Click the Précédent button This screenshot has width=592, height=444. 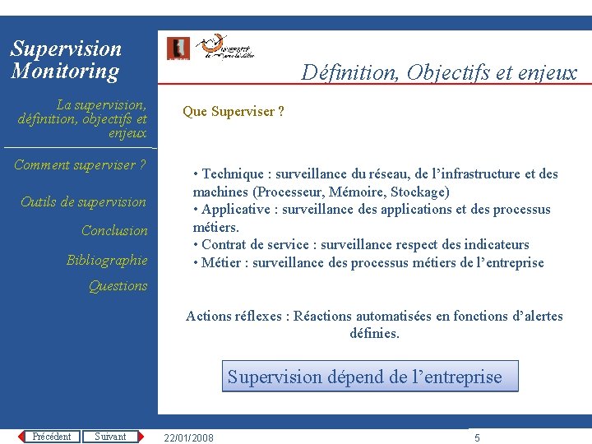(51, 437)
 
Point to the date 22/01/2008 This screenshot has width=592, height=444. (189, 437)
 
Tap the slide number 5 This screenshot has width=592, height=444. (477, 437)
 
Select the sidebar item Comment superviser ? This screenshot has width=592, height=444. (80, 165)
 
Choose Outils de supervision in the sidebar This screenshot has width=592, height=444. (83, 202)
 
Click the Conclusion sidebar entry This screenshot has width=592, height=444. (114, 231)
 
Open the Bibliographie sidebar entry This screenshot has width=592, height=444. (107, 261)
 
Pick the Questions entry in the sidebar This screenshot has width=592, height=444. (118, 286)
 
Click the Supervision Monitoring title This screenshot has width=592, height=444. (66, 60)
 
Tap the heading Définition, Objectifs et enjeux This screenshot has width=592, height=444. (439, 72)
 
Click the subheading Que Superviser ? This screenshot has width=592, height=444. (234, 112)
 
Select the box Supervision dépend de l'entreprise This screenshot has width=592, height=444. (364, 377)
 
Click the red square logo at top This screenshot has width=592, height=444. (178, 49)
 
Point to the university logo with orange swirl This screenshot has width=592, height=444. (224, 47)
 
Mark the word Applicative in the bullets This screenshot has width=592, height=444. (236, 210)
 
